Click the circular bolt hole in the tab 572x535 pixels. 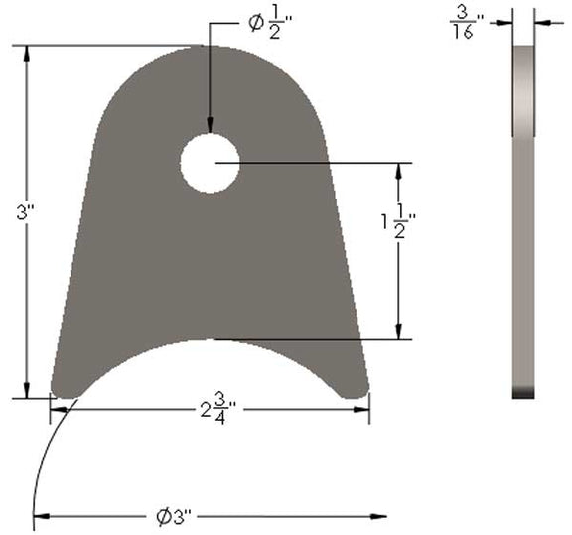coord(210,163)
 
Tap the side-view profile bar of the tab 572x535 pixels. coord(523,218)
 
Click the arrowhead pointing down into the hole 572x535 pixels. coord(210,125)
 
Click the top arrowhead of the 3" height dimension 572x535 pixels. coord(27,55)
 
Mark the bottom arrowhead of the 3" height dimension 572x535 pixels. coord(27,389)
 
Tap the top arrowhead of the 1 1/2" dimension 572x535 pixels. coord(400,173)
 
